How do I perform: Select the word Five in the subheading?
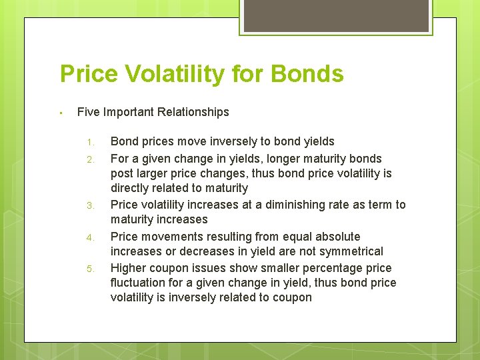pos(89,112)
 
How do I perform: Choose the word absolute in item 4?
pos(338,237)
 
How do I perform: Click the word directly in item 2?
pos(130,188)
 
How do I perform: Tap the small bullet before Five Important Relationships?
pos(60,113)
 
